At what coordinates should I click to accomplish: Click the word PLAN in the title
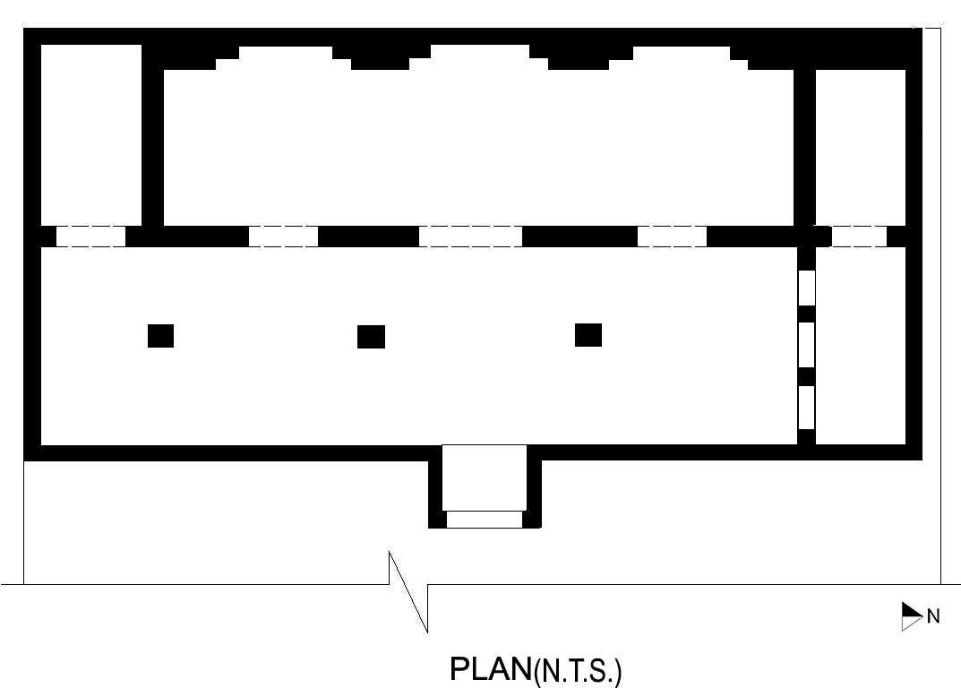coord(490,669)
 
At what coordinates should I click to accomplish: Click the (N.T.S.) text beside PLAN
coord(578,672)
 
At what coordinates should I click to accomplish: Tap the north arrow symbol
coord(912,616)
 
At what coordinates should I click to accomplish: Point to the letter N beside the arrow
coord(933,616)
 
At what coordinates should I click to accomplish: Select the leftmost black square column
coord(160,336)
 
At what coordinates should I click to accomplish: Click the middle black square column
coord(371,337)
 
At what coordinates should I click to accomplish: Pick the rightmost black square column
coord(588,335)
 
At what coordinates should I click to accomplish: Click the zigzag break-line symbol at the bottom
coord(408,591)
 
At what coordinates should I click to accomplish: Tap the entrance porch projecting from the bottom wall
coord(485,486)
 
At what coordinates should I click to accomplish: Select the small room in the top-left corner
coord(91,135)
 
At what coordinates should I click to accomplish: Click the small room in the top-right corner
coord(861,148)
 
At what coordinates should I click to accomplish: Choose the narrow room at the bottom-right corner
coord(861,345)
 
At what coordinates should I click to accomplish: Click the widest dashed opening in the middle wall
coord(470,237)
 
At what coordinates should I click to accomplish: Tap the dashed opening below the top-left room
coord(90,237)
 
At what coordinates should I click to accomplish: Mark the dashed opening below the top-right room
coord(859,237)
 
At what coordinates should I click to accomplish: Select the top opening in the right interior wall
coord(807,288)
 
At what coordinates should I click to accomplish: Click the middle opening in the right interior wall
coord(807,345)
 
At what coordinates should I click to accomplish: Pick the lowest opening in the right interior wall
coord(807,407)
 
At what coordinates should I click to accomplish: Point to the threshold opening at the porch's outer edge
coord(485,520)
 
